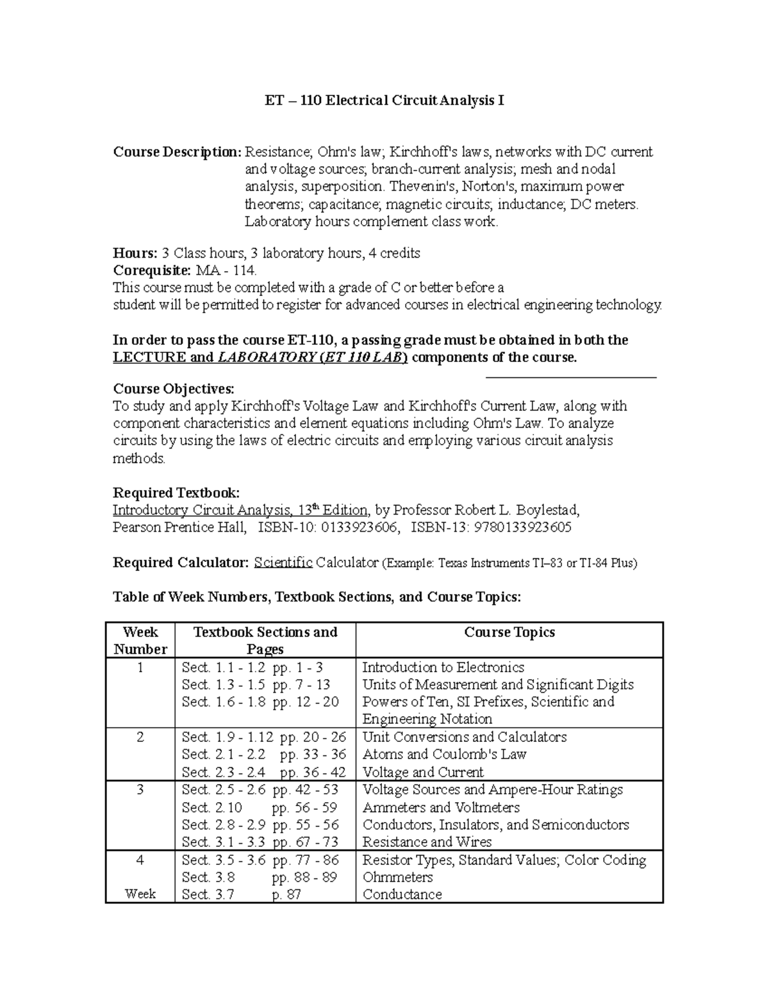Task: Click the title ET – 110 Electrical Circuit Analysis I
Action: (x=384, y=101)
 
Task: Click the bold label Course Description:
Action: (x=177, y=152)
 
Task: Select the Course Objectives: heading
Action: (x=174, y=389)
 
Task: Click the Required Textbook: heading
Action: (x=176, y=493)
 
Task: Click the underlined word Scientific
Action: (x=283, y=563)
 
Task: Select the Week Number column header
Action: (x=140, y=640)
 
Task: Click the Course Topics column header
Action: (x=509, y=632)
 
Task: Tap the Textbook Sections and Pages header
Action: (x=265, y=640)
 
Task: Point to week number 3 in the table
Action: (x=140, y=790)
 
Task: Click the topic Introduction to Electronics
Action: (x=443, y=668)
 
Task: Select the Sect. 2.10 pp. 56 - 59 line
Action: (x=259, y=807)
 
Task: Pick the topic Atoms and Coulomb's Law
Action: (x=444, y=754)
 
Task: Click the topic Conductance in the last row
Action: (x=402, y=894)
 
